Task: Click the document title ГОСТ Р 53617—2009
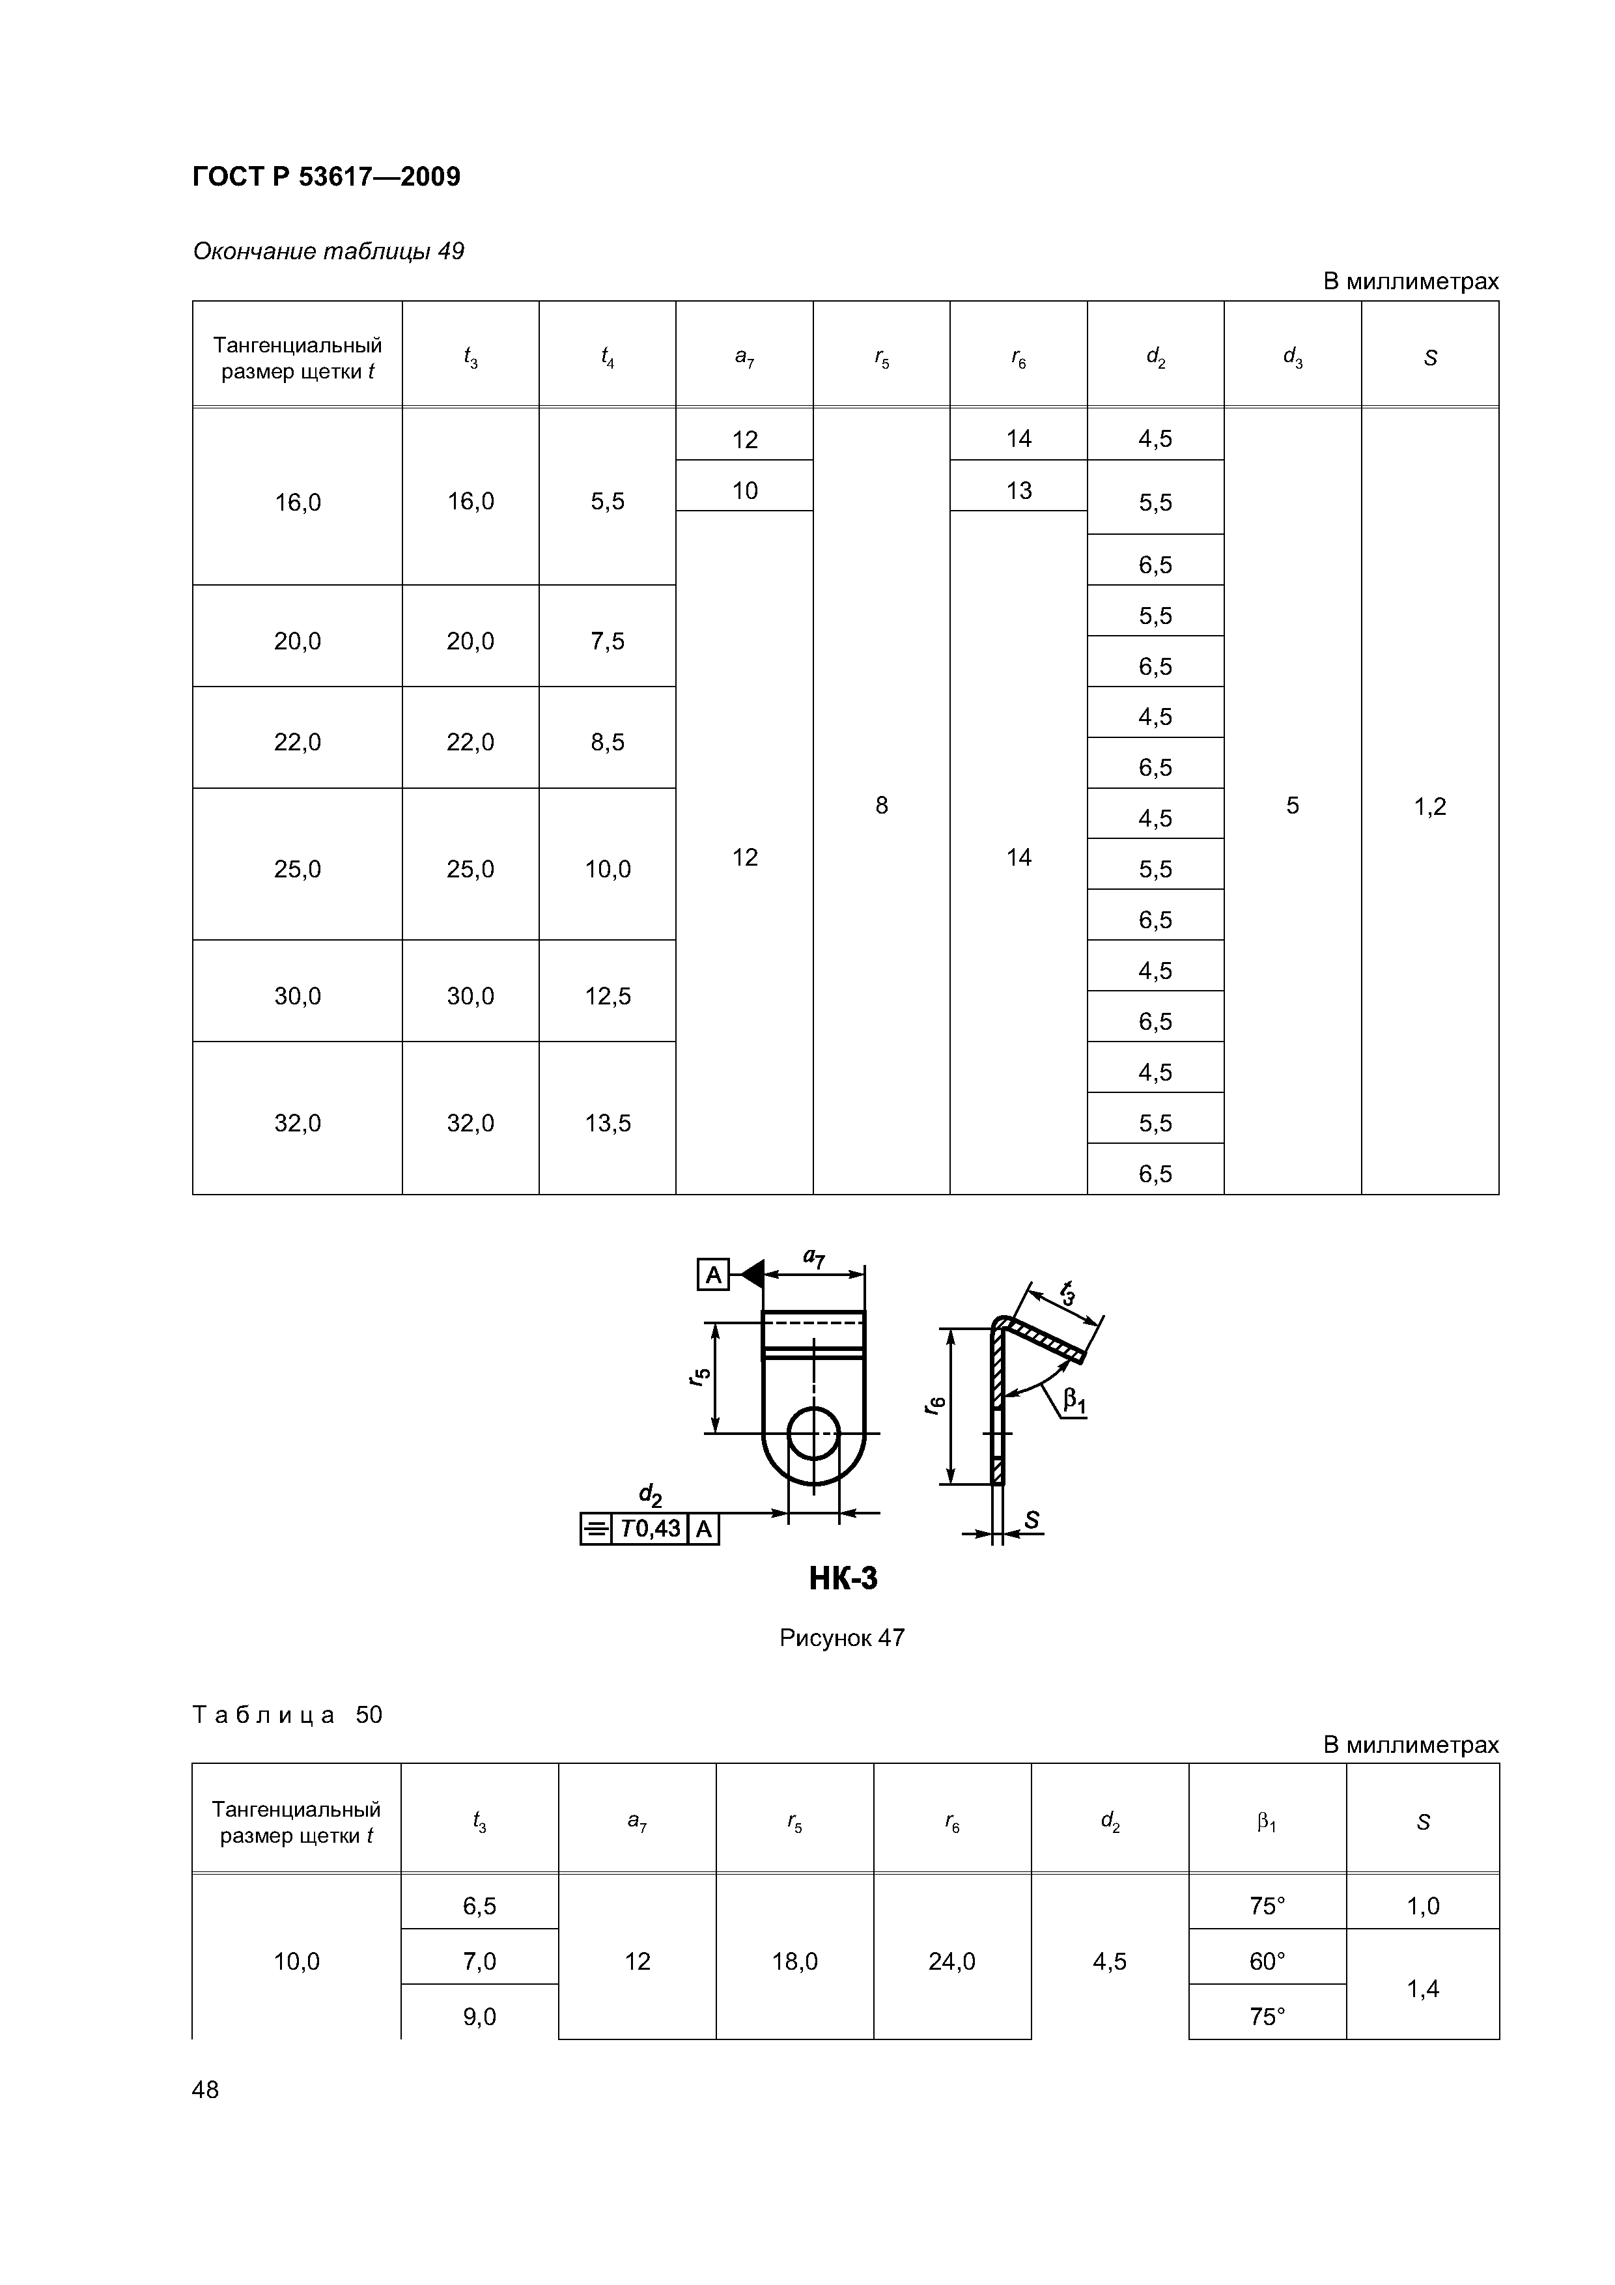(326, 177)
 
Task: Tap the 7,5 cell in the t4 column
(607, 641)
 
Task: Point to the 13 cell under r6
(1018, 490)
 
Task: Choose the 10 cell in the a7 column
(744, 490)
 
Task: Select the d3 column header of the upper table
(1291, 358)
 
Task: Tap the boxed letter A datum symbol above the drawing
(712, 1274)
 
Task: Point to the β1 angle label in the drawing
(1074, 1401)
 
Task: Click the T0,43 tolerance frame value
(650, 1527)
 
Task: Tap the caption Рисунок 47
(842, 1637)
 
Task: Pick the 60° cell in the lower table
(1267, 1961)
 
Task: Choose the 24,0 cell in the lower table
(951, 1961)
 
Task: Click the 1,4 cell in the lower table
(1422, 1989)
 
